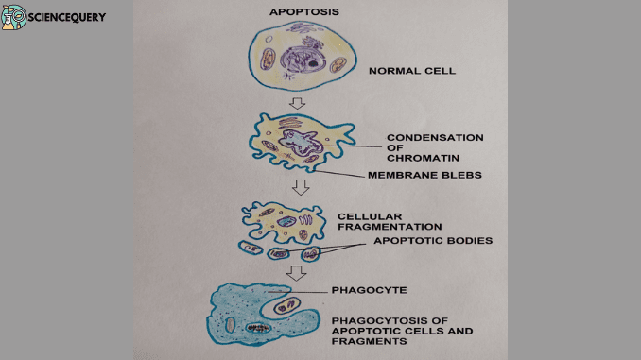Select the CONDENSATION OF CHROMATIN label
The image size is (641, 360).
[434, 146]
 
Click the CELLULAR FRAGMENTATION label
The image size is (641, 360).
[390, 221]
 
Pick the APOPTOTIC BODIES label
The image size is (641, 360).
[432, 240]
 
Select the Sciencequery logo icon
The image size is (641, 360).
[13, 16]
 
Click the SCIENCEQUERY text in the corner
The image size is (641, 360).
[67, 17]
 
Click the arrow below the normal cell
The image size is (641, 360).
[297, 102]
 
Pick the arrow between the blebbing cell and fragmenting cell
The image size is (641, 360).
[301, 186]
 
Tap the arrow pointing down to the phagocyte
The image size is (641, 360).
[297, 272]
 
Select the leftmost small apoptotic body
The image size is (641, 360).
[251, 248]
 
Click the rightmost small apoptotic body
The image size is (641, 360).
[310, 253]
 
